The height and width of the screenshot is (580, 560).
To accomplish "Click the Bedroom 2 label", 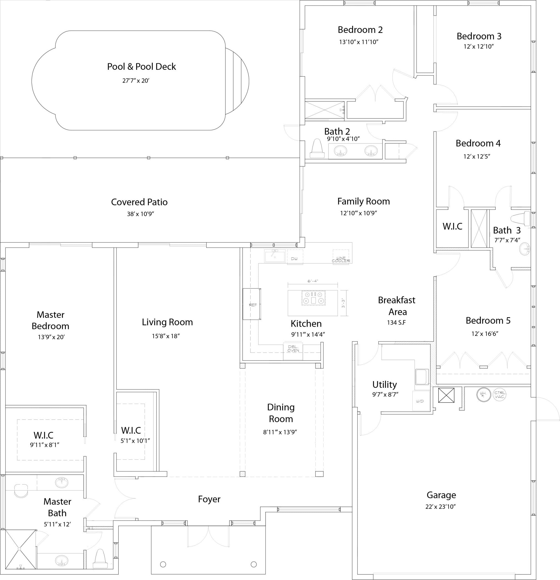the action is (x=360, y=30).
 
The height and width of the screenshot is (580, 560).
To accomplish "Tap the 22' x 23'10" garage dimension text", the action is (x=440, y=507).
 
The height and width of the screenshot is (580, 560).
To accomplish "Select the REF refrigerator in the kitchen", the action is (x=252, y=304).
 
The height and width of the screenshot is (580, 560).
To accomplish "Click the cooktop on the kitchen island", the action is (x=313, y=298).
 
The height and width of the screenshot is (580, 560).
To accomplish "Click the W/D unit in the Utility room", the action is (x=420, y=401).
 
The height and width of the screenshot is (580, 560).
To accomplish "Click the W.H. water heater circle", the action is (x=484, y=394).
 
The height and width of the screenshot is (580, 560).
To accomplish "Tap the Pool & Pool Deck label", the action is (x=142, y=67).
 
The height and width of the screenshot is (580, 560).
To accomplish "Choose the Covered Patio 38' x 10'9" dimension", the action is (x=140, y=214).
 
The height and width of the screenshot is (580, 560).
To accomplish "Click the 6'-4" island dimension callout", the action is (x=313, y=281).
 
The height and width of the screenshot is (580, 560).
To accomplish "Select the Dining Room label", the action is (x=281, y=413).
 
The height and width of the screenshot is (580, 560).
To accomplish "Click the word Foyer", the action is (x=209, y=499).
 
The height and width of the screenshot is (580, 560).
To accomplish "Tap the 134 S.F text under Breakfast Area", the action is (x=396, y=323).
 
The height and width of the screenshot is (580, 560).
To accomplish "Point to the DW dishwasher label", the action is (x=294, y=259).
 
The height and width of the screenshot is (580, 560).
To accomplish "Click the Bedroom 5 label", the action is (x=488, y=321).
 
